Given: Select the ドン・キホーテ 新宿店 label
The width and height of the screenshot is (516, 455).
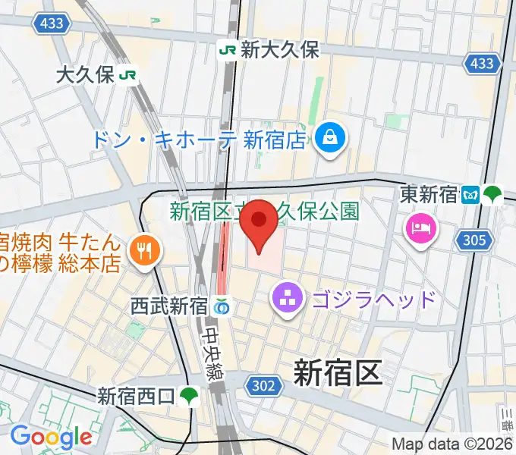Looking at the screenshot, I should coord(198,140).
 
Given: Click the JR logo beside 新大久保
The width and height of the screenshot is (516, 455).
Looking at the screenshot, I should coord(227,50).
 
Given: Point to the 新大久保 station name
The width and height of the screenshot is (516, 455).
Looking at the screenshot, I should coord(280,50).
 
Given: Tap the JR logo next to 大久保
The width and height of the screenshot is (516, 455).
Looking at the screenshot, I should coord(128,75).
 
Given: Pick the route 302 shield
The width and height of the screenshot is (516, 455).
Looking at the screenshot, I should coord(263,386).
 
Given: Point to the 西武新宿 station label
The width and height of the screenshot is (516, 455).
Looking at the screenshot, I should coord(168,306).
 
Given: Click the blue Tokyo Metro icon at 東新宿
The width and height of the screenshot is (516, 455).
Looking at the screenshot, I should coord(470,195).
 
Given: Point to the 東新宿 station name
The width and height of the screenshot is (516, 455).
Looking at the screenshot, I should coord(429,195).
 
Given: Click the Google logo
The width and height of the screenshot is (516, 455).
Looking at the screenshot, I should coord(50,436).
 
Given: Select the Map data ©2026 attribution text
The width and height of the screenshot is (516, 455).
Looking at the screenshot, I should coord(452,444).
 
